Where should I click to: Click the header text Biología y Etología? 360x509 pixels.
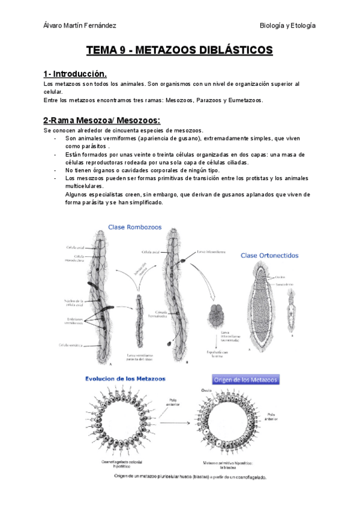pyautogui.click(x=287, y=25)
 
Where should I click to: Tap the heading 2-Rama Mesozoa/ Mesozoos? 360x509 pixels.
pyautogui.click(x=101, y=121)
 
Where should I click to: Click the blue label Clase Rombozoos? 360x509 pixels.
pyautogui.click(x=136, y=227)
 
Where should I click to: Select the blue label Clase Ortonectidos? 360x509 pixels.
pyautogui.click(x=269, y=255)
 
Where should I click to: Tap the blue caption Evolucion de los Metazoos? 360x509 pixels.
pyautogui.click(x=125, y=379)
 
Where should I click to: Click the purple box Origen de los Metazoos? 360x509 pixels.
pyautogui.click(x=246, y=379)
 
